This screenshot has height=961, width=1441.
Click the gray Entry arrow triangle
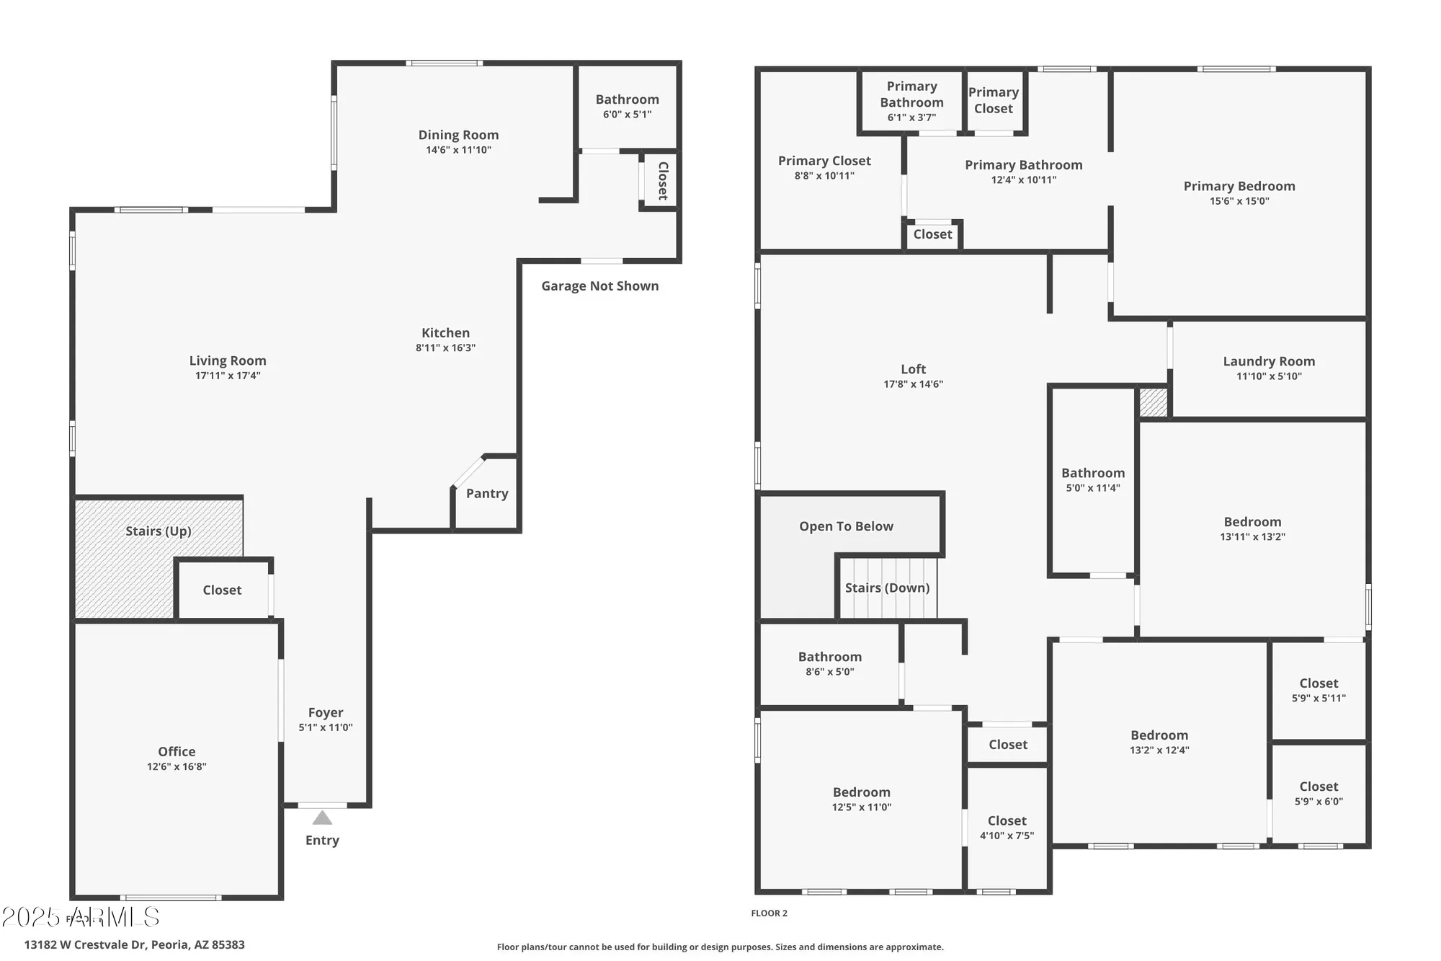tap(322, 818)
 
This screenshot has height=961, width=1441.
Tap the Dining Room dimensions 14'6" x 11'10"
tap(458, 150)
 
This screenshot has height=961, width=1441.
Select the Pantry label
tap(487, 494)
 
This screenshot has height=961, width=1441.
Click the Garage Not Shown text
tap(599, 286)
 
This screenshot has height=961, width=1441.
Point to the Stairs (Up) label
tap(158, 531)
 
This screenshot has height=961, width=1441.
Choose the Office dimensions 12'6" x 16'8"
tap(177, 766)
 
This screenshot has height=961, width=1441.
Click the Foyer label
tap(326, 712)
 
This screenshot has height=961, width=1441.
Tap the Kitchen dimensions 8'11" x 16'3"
tap(445, 347)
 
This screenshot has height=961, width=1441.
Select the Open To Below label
tap(846, 526)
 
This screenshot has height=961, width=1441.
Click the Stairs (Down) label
tap(887, 588)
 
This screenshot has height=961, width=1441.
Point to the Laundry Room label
tap(1269, 361)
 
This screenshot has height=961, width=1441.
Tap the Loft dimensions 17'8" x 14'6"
tap(913, 384)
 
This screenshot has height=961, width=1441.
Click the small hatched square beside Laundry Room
tap(1153, 402)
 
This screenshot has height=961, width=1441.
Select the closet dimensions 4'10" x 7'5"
tap(1007, 836)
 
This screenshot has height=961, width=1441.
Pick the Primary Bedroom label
tap(1239, 186)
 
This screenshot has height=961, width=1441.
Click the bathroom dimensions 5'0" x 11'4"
tap(1093, 488)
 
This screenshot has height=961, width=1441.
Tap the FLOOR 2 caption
tap(769, 913)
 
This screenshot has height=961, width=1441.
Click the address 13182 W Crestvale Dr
tap(135, 944)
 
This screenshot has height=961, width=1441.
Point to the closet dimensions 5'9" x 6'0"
tap(1319, 801)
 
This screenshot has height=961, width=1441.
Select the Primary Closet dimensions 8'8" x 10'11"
tap(824, 175)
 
